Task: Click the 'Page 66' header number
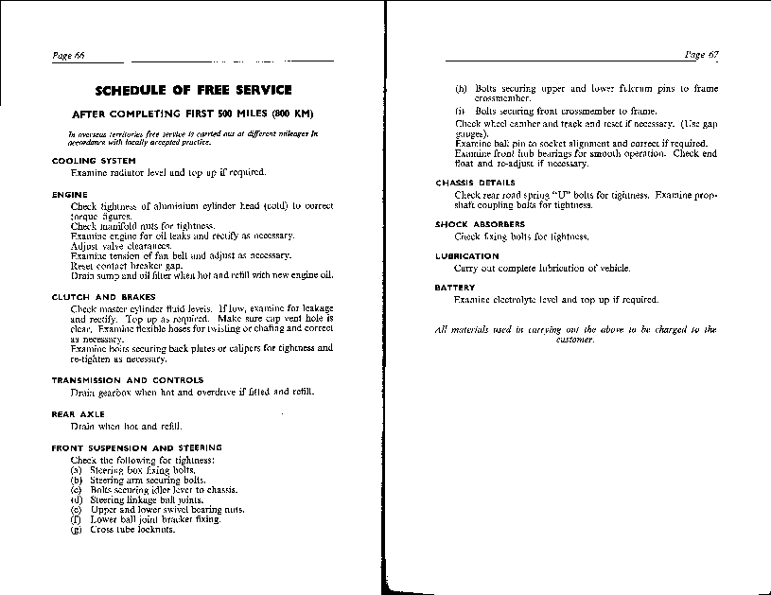(68, 56)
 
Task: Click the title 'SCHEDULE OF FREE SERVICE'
(194, 91)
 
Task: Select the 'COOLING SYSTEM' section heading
(87, 161)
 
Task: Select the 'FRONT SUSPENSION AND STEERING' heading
(136, 447)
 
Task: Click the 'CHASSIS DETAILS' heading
(475, 183)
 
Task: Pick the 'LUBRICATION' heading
(466, 256)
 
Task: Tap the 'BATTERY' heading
(455, 288)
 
